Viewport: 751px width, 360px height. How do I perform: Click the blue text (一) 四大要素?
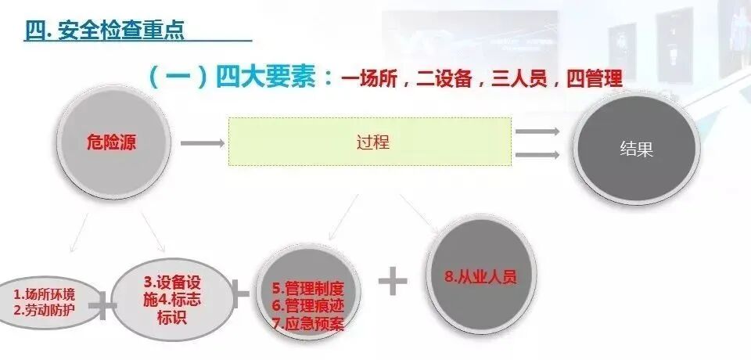click(x=239, y=78)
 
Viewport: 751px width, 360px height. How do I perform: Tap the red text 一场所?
click(x=372, y=80)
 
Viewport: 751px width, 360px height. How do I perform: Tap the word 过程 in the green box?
click(x=372, y=142)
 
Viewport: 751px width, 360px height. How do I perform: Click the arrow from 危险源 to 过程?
click(x=202, y=143)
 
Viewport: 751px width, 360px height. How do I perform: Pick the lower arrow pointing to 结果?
click(x=537, y=154)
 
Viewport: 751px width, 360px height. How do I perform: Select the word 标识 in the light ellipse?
click(x=173, y=319)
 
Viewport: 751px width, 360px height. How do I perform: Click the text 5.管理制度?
click(x=307, y=288)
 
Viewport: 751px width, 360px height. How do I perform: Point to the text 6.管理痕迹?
click(x=307, y=305)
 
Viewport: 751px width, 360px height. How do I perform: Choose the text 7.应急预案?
click(x=307, y=322)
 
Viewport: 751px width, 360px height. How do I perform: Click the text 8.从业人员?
click(x=480, y=276)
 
